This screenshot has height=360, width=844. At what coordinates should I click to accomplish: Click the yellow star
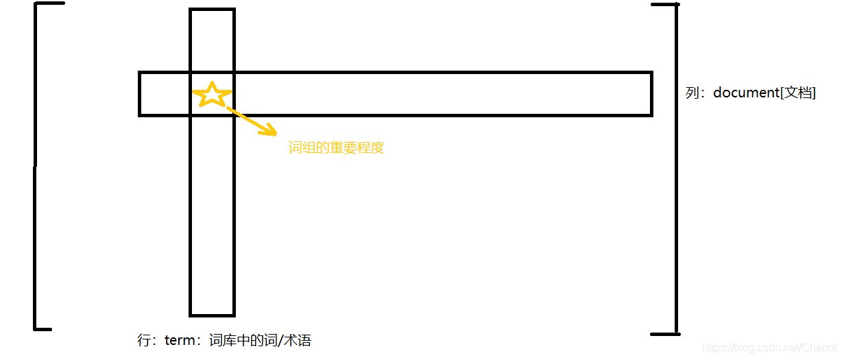[212, 95]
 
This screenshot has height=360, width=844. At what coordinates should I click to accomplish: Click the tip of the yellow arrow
[274, 133]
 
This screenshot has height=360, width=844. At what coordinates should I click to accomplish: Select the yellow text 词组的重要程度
[336, 148]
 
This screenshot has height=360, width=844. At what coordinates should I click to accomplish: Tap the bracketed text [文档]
[797, 93]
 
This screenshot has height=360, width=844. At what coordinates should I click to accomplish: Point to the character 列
[692, 93]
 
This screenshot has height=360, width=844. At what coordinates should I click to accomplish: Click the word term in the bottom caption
[182, 341]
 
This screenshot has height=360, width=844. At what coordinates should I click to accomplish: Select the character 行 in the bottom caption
[144, 341]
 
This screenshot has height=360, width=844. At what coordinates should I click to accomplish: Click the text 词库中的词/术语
[260, 341]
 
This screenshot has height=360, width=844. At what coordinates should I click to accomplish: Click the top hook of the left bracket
[49, 3]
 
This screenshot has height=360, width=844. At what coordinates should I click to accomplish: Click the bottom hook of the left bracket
[43, 328]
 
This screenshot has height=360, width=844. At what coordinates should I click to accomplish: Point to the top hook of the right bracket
[664, 5]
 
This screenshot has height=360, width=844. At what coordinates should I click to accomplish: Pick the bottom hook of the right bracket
[664, 334]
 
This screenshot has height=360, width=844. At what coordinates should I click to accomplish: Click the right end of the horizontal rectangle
[651, 93]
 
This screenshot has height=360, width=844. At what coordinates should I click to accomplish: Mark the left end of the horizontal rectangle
[141, 93]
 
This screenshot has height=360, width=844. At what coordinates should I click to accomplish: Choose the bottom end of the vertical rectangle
[212, 314]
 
